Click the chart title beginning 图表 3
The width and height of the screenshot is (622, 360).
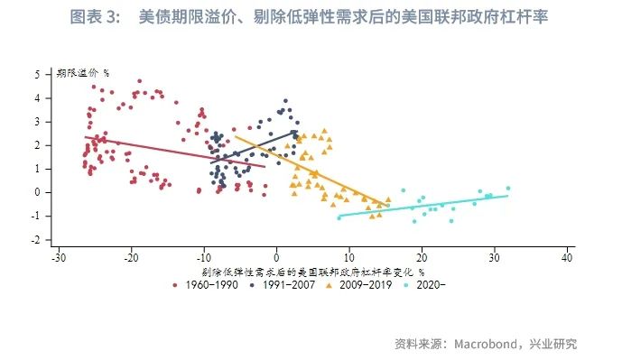click(x=311, y=17)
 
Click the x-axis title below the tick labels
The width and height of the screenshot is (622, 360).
click(x=312, y=271)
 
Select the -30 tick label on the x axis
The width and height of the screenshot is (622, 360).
click(x=59, y=258)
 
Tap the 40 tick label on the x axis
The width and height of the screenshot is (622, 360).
click(x=567, y=258)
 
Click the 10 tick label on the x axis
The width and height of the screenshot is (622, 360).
click(x=349, y=258)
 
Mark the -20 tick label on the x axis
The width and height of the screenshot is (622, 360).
click(x=131, y=258)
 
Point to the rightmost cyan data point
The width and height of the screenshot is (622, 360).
click(x=508, y=188)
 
